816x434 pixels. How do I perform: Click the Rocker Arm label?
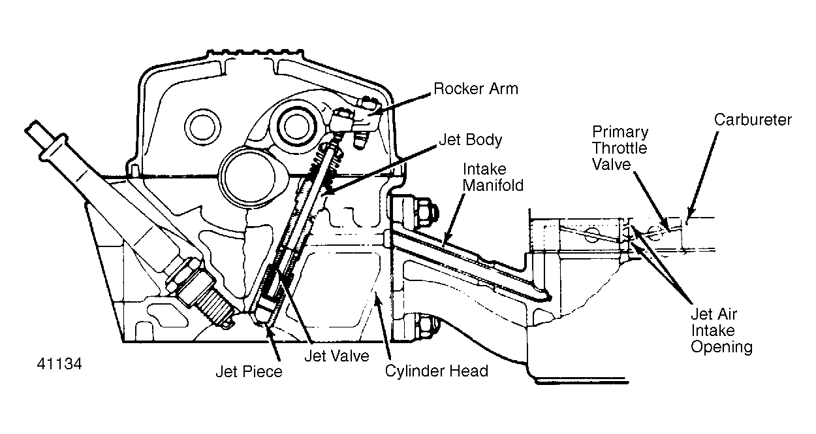click(x=475, y=89)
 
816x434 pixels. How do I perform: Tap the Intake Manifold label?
click(x=493, y=177)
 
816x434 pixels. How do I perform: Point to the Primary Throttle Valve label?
click(x=620, y=148)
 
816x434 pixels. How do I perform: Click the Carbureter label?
click(x=752, y=120)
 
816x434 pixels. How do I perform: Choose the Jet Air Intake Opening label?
click(x=721, y=331)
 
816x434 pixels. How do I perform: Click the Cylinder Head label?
click(x=436, y=371)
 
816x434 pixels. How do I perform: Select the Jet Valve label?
click(x=336, y=356)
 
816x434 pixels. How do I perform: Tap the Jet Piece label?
click(x=249, y=372)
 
